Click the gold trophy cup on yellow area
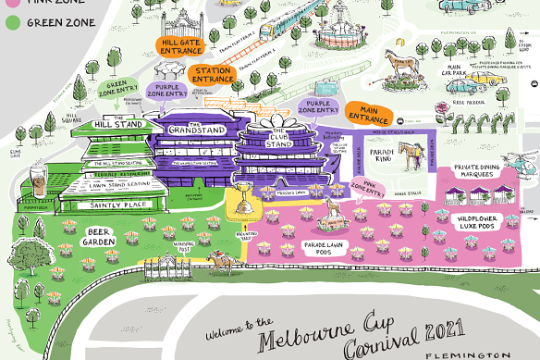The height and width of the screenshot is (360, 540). tap(243, 193)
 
